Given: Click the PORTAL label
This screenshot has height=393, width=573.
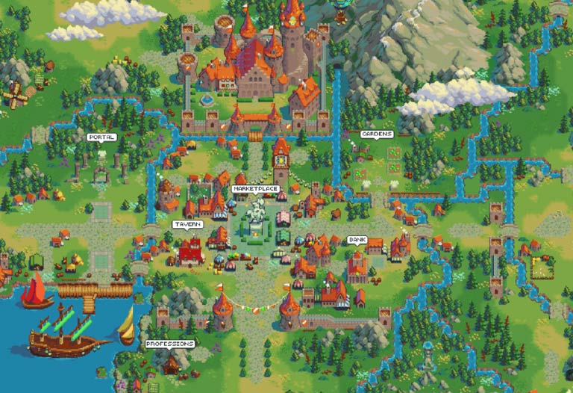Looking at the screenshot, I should click(101, 137).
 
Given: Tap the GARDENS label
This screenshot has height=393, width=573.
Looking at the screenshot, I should click(376, 134).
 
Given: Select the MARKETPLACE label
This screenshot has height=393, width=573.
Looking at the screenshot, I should click(255, 189).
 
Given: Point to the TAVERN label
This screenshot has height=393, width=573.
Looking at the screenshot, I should click(187, 224).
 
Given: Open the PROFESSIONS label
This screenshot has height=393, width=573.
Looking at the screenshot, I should click(169, 344).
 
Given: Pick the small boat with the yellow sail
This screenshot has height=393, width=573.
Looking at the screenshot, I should click(128, 325).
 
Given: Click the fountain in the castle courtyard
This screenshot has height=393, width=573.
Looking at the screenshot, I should click(207, 98).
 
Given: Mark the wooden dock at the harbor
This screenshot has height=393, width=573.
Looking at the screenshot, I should click(90, 293).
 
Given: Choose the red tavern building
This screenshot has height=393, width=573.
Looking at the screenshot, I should click(190, 253).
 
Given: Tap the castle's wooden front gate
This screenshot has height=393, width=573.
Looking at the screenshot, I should click(256, 135).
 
